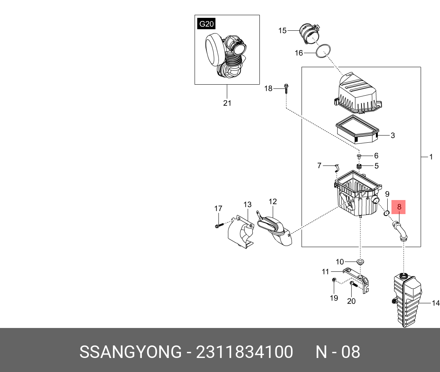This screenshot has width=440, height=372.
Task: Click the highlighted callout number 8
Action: pyautogui.click(x=399, y=207)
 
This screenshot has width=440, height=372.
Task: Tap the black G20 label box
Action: pyautogui.click(x=206, y=24)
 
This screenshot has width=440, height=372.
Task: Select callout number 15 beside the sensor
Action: pyautogui.click(x=282, y=30)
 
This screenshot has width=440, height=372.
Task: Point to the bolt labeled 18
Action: pyautogui.click(x=286, y=88)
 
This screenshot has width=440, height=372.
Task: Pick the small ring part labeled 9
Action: pyautogui.click(x=387, y=213)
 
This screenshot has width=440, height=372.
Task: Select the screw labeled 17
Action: pyautogui.click(x=219, y=225)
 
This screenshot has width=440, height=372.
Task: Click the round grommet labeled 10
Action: pyautogui.click(x=360, y=262)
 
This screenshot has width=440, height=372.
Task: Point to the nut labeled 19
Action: pyautogui.click(x=334, y=280)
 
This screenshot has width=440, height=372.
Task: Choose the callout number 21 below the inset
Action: pyautogui.click(x=227, y=103)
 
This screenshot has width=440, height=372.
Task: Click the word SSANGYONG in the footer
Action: pyautogui.click(x=130, y=352)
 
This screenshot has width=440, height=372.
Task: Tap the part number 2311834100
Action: pyautogui.click(x=244, y=352)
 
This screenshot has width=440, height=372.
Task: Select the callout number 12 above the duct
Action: pyautogui.click(x=272, y=201)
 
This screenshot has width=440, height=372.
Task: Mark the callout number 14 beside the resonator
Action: pyautogui.click(x=435, y=303)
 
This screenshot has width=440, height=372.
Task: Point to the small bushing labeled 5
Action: pyautogui.click(x=358, y=167)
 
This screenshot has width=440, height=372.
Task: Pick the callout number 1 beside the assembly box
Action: pyautogui.click(x=431, y=157)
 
